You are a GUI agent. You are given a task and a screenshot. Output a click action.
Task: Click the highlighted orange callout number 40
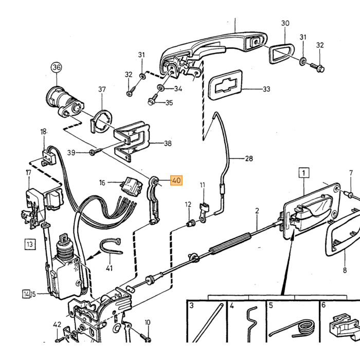click(x=176, y=180)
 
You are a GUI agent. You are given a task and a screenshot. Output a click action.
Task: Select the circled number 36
click(x=57, y=67)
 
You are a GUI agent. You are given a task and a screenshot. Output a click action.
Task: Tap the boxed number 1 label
click(x=304, y=173)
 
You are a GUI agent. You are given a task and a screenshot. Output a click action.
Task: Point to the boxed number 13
click(x=30, y=244)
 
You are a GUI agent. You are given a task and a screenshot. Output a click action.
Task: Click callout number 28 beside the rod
click(x=249, y=158)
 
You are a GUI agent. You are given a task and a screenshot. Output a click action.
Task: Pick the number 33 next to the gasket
click(x=266, y=89)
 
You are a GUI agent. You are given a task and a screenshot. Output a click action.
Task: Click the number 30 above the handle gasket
click(x=285, y=23)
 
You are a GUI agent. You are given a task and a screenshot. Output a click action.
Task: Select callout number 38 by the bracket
click(x=168, y=143)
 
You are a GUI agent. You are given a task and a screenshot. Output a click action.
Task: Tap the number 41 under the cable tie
click(x=109, y=268)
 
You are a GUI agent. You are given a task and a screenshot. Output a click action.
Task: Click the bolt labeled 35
click(x=153, y=99)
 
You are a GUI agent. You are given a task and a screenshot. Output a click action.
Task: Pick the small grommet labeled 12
click(x=191, y=223)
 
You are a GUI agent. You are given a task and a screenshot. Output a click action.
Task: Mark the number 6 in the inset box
click(x=323, y=305)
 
